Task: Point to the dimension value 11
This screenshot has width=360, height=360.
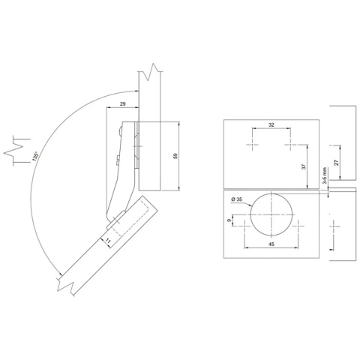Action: [x=106, y=239]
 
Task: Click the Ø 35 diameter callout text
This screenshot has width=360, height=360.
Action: [x=239, y=199]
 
